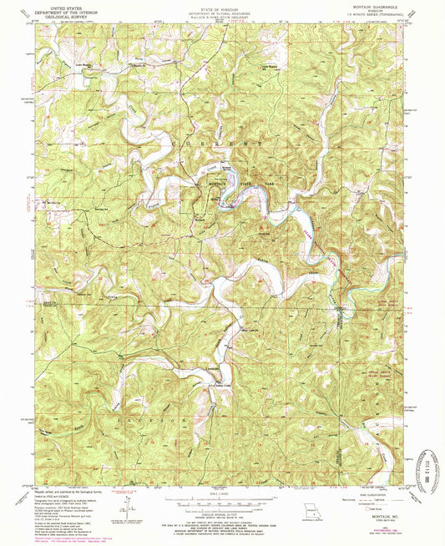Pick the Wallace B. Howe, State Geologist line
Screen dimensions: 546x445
point(223,15)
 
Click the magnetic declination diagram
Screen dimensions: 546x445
point(125,503)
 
